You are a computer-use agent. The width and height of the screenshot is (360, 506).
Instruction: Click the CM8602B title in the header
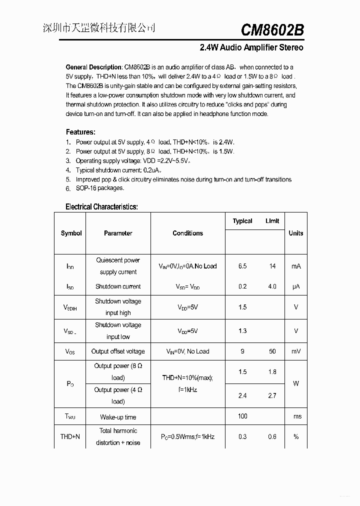(x=272, y=30)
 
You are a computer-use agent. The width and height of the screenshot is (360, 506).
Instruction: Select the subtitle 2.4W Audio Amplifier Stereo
(x=251, y=48)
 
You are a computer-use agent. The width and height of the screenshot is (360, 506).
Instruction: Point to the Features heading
(x=80, y=132)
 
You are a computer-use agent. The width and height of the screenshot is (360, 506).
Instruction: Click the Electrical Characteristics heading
(x=101, y=206)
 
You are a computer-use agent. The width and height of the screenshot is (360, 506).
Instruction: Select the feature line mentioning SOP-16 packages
(x=99, y=188)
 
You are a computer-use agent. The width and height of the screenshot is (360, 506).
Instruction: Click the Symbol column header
(x=71, y=233)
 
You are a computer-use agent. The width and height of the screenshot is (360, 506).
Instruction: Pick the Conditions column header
(x=187, y=233)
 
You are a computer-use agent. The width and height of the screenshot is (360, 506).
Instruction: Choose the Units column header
(x=295, y=233)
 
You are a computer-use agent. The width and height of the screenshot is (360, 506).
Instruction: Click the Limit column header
(x=272, y=221)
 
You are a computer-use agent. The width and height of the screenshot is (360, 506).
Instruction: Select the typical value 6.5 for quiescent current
(x=242, y=266)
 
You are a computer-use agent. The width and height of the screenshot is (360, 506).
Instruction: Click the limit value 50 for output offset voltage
(x=272, y=351)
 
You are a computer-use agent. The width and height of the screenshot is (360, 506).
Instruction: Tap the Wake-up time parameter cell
(x=118, y=417)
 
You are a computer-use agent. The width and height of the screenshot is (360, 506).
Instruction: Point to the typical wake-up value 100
(x=242, y=416)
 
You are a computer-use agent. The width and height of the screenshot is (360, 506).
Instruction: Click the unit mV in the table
(x=296, y=351)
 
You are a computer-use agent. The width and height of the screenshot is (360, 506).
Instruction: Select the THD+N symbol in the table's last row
(x=70, y=436)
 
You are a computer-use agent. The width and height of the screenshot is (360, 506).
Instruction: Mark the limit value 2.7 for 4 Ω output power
(x=272, y=395)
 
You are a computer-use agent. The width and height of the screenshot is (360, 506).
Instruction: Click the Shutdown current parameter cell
(x=118, y=286)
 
